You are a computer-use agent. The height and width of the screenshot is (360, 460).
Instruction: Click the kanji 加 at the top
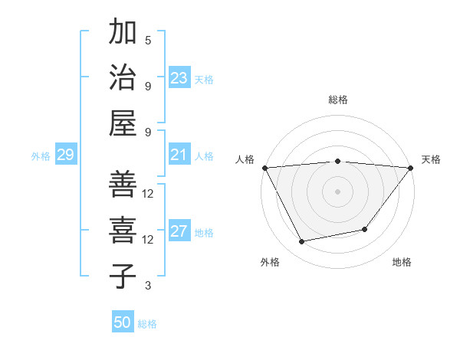tap(123, 33)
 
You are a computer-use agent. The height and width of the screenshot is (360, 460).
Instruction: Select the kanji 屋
tap(123, 123)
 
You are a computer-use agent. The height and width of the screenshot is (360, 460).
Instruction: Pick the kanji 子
tap(123, 276)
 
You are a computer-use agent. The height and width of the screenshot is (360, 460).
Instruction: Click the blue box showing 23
tap(179, 78)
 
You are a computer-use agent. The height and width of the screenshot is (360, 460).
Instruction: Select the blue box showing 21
tap(179, 155)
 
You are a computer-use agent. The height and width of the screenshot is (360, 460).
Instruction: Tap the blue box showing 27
tap(179, 232)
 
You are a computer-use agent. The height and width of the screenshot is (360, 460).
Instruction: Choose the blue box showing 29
tap(65, 155)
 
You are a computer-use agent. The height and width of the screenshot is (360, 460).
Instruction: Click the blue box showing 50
tap(123, 322)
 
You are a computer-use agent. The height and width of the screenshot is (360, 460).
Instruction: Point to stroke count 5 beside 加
tap(148, 40)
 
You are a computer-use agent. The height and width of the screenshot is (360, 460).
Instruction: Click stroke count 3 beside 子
tap(148, 286)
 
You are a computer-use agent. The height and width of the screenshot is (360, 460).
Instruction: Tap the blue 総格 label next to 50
tap(147, 324)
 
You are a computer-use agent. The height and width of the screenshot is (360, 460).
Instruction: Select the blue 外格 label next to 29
tap(41, 156)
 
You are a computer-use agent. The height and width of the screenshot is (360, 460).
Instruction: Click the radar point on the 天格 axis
tap(411, 168)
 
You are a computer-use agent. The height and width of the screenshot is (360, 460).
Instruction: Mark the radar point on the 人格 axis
tap(264, 168)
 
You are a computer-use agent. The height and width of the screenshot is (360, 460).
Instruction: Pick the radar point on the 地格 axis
tap(365, 229)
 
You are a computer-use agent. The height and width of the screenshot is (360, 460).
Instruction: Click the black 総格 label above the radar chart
tap(337, 100)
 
